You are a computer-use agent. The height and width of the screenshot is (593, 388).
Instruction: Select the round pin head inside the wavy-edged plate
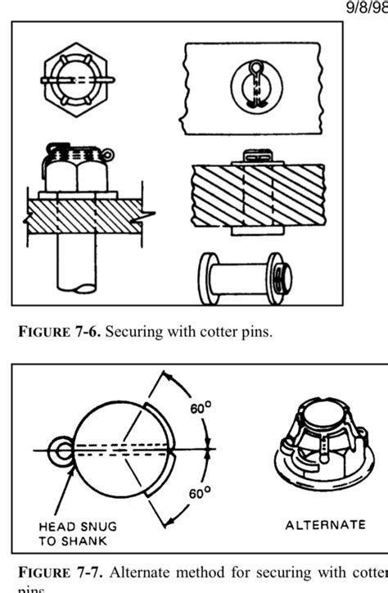click(255, 88)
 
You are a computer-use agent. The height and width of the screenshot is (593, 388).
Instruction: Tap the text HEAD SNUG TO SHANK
click(74, 533)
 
